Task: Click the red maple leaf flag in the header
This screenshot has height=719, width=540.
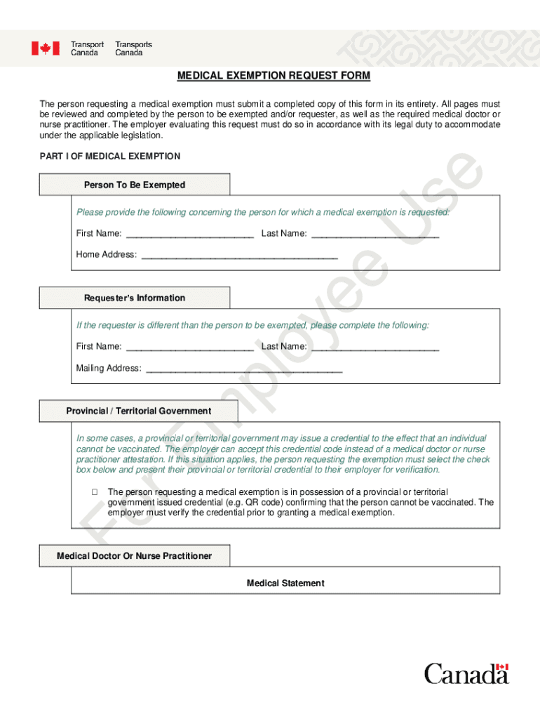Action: pyautogui.click(x=45, y=48)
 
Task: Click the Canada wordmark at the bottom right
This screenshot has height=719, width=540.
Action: pyautogui.click(x=466, y=673)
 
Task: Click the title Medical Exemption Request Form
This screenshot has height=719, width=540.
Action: pyautogui.click(x=273, y=76)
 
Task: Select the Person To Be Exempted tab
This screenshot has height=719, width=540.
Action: pyautogui.click(x=135, y=185)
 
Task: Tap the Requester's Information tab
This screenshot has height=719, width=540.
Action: pyautogui.click(x=135, y=298)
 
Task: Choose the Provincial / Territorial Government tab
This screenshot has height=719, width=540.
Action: pyautogui.click(x=139, y=411)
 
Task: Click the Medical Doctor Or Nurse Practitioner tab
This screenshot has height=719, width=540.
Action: pyautogui.click(x=135, y=556)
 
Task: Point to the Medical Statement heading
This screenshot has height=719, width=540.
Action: pyautogui.click(x=285, y=583)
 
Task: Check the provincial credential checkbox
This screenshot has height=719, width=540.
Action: pyautogui.click(x=93, y=492)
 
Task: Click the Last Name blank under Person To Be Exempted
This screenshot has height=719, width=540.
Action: pyautogui.click(x=374, y=234)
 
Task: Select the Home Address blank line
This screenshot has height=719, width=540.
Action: pyautogui.click(x=239, y=255)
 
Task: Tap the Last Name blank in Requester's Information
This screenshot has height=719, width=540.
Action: pyautogui.click(x=374, y=347)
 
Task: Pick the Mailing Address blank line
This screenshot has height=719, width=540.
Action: pyautogui.click(x=243, y=369)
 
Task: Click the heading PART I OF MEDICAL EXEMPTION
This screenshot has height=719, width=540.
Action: pyautogui.click(x=110, y=157)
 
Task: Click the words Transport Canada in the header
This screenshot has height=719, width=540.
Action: pyautogui.click(x=87, y=48)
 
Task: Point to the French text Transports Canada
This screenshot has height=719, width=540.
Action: pyautogui.click(x=133, y=48)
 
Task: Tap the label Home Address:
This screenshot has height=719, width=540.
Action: pyautogui.click(x=107, y=255)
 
